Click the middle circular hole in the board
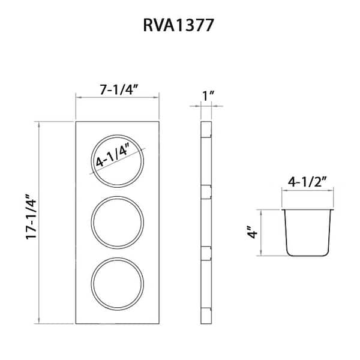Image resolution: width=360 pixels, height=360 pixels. point(118,222)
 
